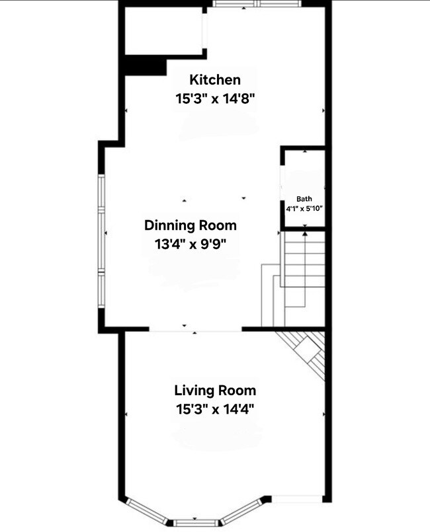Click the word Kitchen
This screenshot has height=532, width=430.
pyautogui.click(x=215, y=80)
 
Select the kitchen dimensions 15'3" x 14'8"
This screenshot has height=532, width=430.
pyautogui.click(x=215, y=98)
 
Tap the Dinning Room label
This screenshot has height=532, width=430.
pyautogui.click(x=191, y=225)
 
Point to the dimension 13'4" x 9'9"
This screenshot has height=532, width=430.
pyautogui.click(x=191, y=244)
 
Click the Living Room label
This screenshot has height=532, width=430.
pyautogui.click(x=215, y=390)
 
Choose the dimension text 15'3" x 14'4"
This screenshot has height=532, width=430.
pyautogui.click(x=215, y=408)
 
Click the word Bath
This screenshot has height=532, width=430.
pyautogui.click(x=304, y=198)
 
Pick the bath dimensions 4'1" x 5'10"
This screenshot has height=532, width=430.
pyautogui.click(x=304, y=208)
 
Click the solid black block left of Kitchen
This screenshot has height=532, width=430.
pyautogui.click(x=145, y=66)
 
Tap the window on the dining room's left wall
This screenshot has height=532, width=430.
pyautogui.click(x=102, y=241)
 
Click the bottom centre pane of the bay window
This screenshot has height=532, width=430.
pyautogui.click(x=196, y=523)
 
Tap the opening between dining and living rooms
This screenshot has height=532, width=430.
pyautogui.click(x=195, y=328)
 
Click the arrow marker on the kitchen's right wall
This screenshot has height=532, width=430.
pyautogui.click(x=323, y=110)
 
